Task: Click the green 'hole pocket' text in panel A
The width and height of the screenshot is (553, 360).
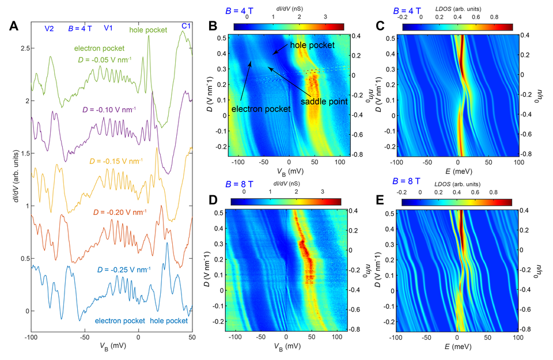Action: click(148, 30)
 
